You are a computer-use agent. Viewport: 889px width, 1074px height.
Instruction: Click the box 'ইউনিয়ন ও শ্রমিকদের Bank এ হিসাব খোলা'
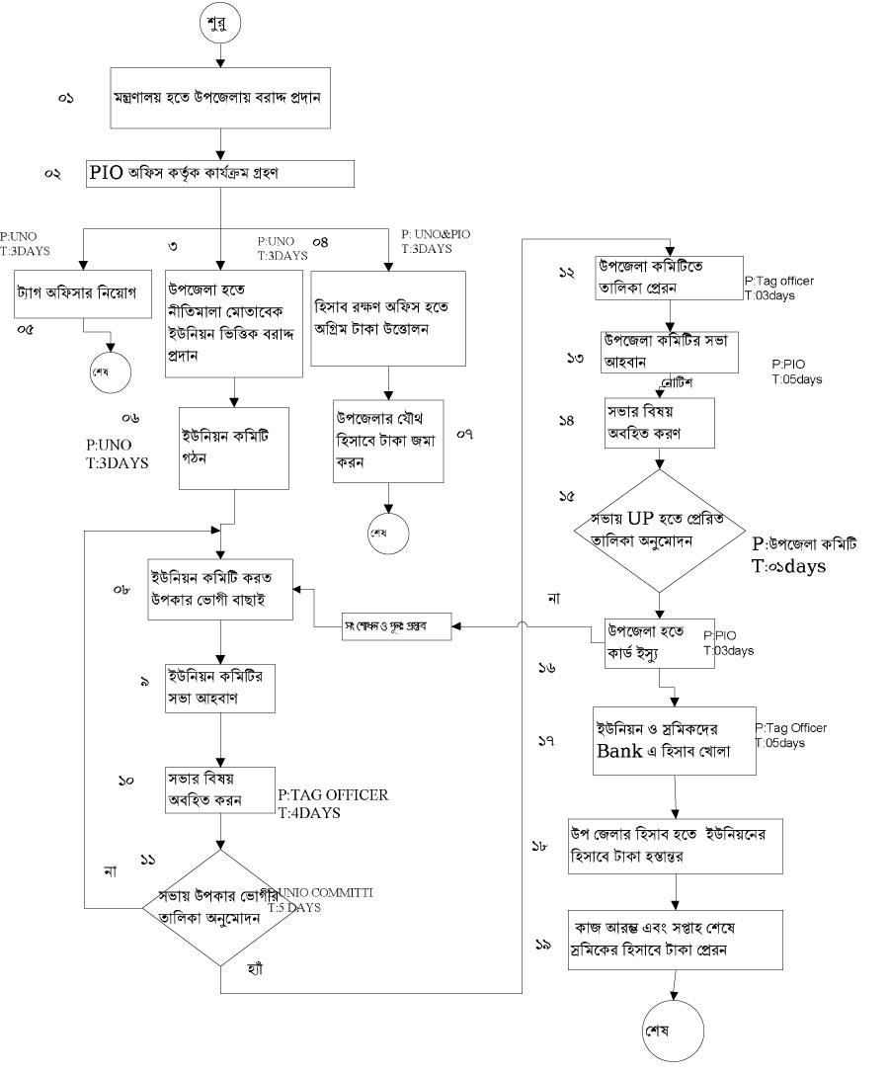(674, 742)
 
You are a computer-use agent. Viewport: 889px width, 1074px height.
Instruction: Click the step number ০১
(66, 99)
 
